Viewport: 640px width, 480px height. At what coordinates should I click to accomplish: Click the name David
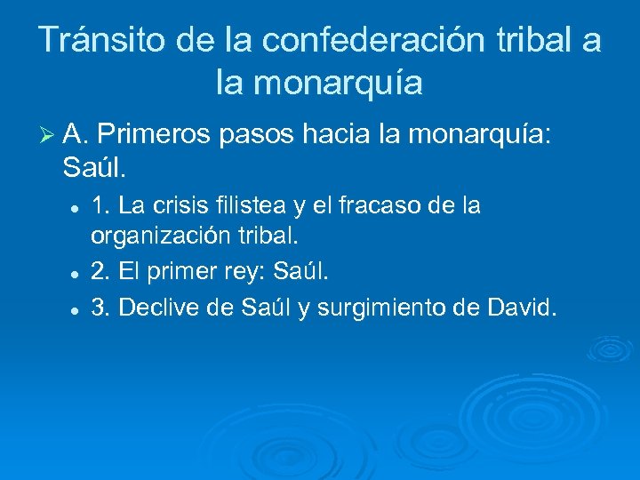524,308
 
